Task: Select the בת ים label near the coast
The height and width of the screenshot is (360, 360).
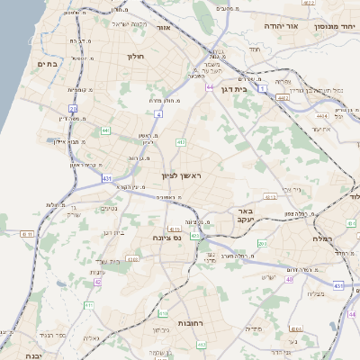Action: click(x=47, y=65)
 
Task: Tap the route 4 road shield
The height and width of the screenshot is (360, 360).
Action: click(x=158, y=114)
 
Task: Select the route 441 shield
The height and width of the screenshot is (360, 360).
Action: click(x=105, y=130)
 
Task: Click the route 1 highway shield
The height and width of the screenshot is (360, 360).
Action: click(x=263, y=89)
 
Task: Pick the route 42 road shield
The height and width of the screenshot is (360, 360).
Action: click(x=97, y=282)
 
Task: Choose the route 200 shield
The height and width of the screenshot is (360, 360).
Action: click(x=262, y=244)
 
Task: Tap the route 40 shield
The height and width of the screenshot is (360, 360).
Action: click(x=289, y=280)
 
